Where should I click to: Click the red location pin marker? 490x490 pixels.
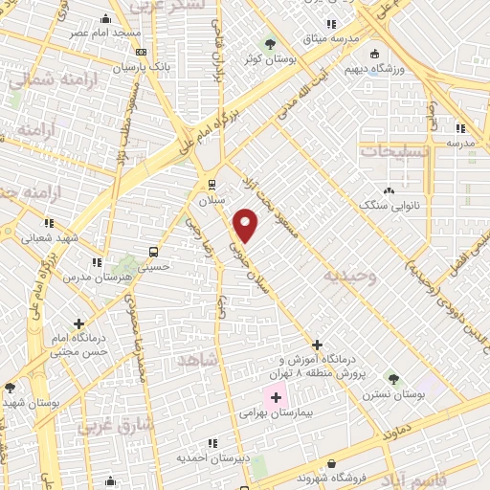[x=247, y=225]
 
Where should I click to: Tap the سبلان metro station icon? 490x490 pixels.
[x=211, y=185]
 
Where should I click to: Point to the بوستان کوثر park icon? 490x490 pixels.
[x=271, y=43]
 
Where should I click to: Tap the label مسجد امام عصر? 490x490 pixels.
[x=103, y=32]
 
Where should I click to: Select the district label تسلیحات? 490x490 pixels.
[x=390, y=151]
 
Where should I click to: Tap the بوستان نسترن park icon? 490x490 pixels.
[x=390, y=379]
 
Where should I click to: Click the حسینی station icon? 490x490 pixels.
[x=152, y=252]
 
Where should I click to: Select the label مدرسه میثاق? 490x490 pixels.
[x=330, y=38]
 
